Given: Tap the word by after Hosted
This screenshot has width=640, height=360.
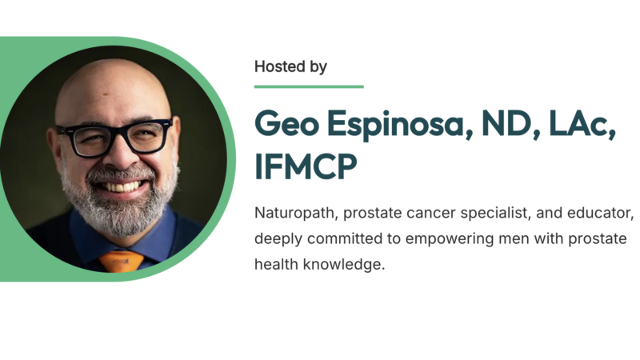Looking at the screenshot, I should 318,67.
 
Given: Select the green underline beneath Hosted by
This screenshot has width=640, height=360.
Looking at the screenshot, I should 309,86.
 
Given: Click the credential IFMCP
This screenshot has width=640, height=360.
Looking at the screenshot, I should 305,168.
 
